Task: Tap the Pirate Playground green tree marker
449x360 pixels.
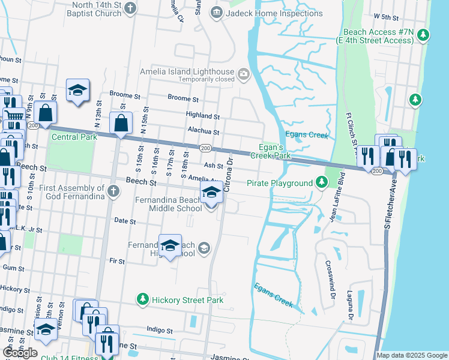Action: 322,182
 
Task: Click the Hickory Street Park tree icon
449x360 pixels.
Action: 142,299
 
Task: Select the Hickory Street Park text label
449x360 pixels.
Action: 187,300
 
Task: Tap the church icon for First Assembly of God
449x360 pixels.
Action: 113,191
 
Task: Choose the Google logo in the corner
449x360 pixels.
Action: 20,352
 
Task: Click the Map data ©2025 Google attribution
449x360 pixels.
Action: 411,355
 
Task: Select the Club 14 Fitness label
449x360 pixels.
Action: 69,358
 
